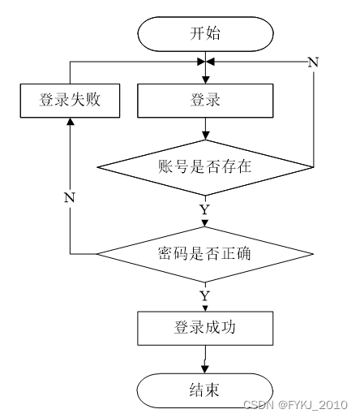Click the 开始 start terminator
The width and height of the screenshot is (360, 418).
click(205, 34)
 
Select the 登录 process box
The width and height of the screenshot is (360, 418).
click(205, 101)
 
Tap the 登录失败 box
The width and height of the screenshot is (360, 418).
click(70, 101)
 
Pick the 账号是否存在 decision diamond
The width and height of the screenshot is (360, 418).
click(205, 167)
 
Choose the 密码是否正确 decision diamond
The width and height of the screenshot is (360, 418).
click(205, 254)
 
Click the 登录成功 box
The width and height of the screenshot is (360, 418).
click(205, 328)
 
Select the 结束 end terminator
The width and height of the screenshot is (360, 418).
click(205, 390)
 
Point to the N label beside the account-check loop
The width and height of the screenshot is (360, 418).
click(314, 62)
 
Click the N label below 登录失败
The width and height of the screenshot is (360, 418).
click(70, 198)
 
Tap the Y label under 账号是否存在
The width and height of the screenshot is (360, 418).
click(205, 209)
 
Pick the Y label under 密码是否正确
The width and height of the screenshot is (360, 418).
click(205, 296)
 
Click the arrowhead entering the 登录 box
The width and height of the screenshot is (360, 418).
click(206, 80)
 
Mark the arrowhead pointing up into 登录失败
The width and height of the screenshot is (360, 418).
click(71, 122)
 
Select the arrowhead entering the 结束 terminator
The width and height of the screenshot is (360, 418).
click(205, 369)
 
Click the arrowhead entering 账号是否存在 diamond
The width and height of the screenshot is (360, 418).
click(206, 136)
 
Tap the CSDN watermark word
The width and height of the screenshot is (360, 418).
click(259, 405)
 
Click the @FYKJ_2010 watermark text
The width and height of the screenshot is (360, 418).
click(313, 405)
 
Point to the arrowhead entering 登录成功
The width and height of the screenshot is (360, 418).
click(205, 308)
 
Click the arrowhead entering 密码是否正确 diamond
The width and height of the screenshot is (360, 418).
click(205, 223)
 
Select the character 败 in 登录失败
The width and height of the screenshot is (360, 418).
click(92, 100)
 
